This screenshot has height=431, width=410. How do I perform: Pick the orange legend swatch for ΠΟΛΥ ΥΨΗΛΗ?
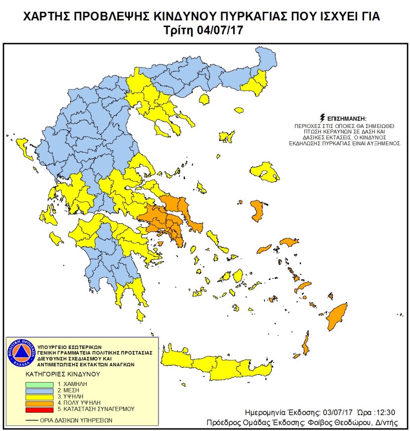point(39,403)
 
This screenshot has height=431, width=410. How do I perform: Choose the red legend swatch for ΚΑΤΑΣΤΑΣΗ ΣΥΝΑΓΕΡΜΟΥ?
point(39,409)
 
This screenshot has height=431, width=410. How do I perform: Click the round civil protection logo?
point(19,353)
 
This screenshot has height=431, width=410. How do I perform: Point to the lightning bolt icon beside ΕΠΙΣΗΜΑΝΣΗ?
point(323,118)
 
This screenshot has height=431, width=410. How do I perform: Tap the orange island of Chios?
point(256,211)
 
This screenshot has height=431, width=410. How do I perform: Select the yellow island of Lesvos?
point(265,172)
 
